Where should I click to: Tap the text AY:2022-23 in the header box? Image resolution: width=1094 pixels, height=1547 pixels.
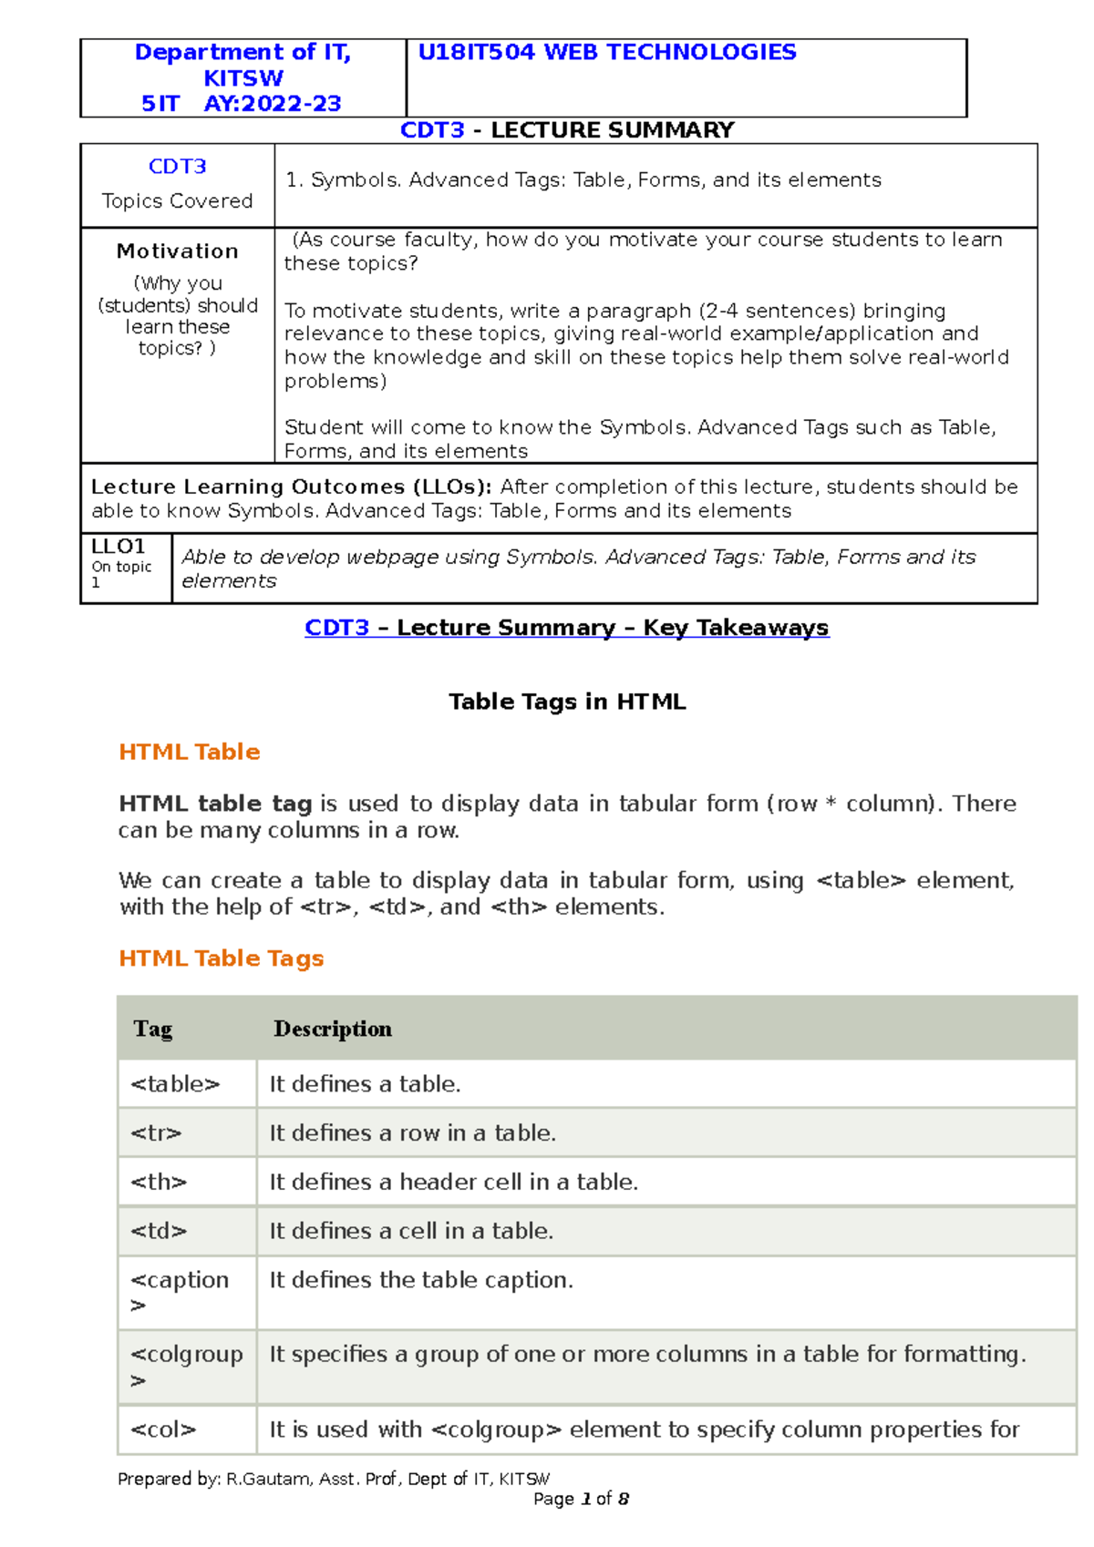(273, 104)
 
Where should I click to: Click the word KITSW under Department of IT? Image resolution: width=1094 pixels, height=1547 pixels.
(243, 78)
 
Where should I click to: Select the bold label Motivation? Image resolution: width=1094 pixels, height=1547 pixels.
(177, 251)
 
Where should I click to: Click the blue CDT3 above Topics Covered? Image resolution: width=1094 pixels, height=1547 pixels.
(177, 167)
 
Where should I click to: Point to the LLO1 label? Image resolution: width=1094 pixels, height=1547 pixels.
(118, 547)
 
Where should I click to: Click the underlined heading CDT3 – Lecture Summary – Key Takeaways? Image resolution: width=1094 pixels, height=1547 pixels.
(566, 628)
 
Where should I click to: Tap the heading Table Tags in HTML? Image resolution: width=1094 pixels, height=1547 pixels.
(567, 702)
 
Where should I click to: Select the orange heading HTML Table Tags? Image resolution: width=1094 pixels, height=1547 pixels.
(221, 958)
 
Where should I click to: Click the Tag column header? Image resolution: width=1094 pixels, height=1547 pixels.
(152, 1029)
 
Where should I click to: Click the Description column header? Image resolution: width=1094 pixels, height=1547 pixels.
(333, 1029)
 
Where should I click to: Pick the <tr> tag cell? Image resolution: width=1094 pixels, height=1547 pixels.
(156, 1133)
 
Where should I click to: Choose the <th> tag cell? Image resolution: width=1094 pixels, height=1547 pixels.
(159, 1183)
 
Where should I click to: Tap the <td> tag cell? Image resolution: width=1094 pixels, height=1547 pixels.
(159, 1232)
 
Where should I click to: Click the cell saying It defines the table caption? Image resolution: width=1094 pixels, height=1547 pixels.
(421, 1280)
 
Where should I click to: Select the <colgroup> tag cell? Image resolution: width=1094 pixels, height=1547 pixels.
(186, 1366)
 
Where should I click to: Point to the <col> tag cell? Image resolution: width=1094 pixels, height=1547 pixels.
(163, 1429)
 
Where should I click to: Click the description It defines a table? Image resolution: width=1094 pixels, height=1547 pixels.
(365, 1084)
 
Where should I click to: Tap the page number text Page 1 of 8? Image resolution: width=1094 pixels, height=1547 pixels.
(581, 1500)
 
